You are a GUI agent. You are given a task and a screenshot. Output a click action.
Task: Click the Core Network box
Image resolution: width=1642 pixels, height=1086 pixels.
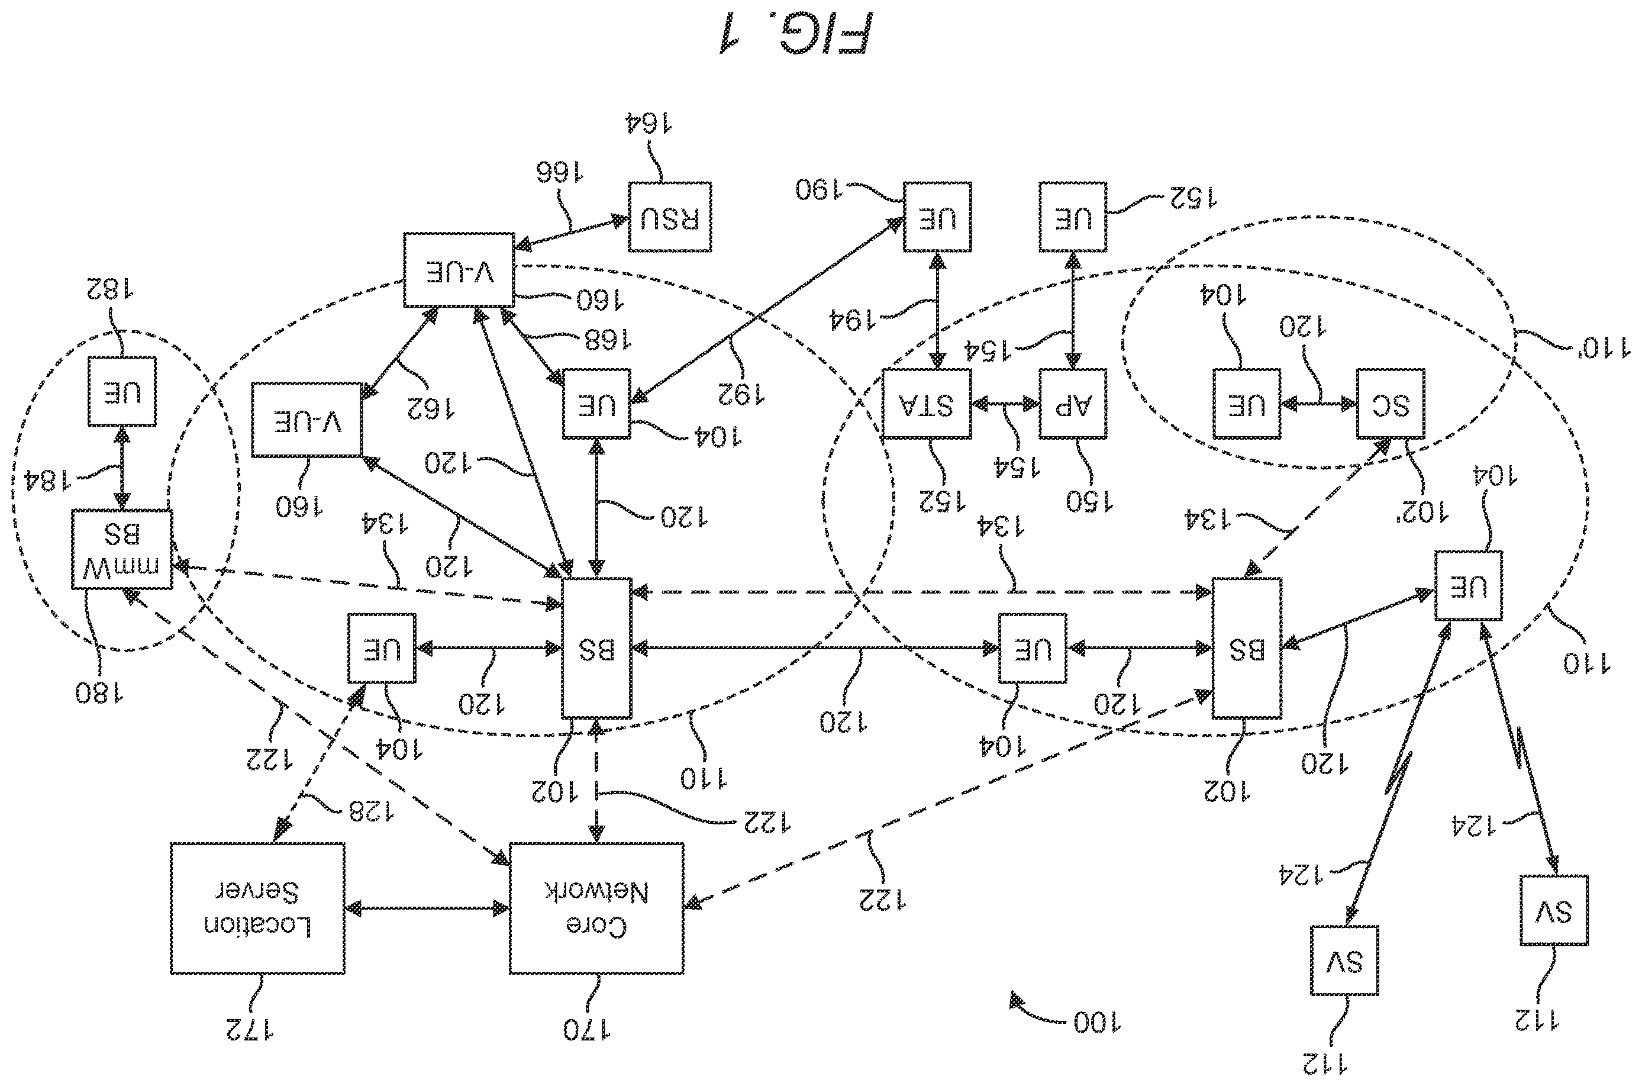point(596,907)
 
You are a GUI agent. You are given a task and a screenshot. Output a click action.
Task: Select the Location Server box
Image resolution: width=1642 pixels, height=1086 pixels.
point(257,907)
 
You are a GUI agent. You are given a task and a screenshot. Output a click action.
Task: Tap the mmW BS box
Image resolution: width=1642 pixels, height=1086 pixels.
point(122,550)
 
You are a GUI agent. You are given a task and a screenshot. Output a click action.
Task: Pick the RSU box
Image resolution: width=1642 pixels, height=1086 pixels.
point(670,217)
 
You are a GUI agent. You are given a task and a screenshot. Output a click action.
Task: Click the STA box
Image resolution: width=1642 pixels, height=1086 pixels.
point(927,404)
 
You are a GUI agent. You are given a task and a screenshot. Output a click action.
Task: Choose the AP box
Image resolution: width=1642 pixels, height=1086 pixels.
point(1072,404)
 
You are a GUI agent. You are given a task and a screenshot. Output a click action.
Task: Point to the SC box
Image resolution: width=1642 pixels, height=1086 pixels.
point(1390,404)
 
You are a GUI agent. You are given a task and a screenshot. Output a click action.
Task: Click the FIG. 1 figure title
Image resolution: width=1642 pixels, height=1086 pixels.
point(795,33)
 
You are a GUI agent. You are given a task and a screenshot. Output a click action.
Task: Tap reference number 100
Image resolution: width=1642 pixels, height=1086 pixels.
point(1097,1022)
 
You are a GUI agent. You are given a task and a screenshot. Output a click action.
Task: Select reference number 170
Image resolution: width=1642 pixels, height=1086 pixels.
point(586,1030)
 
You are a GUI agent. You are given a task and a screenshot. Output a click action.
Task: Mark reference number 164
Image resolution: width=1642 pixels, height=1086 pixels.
point(649,123)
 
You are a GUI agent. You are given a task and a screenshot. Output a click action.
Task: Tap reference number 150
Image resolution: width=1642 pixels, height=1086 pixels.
point(1089,501)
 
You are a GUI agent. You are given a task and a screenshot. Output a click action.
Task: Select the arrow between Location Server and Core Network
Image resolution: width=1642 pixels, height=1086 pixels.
point(427,908)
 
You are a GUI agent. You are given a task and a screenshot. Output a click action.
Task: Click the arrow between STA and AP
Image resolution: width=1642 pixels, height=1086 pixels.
point(1005,404)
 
